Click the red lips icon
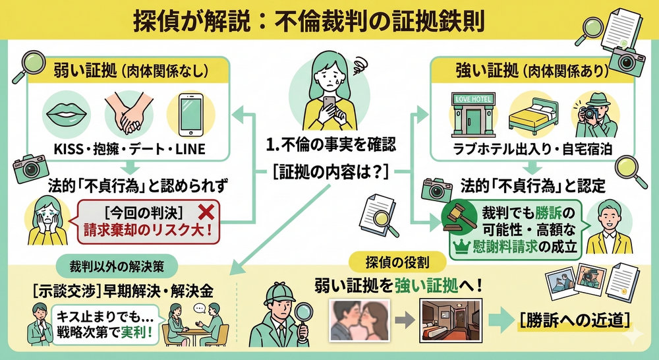tap(65, 114)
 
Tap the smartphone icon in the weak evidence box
tap(190, 113)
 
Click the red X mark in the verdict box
tap(207, 211)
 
